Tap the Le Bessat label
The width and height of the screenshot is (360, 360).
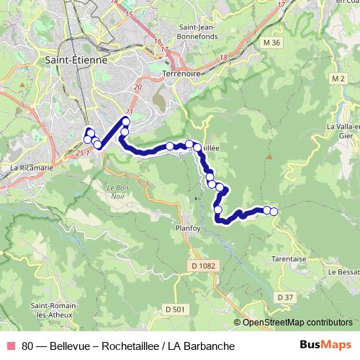coord(343,272)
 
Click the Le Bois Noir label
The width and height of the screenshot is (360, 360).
coord(118,192)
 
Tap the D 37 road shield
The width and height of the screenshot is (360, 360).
coord(285,297)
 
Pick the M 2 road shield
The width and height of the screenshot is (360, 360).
coord(339,77)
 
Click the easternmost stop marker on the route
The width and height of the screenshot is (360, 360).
coord(274,211)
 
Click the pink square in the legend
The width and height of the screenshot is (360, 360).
coord(10,346)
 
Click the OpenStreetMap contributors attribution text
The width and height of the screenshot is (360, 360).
coord(297,322)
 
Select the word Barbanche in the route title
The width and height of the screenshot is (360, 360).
coord(210,346)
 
